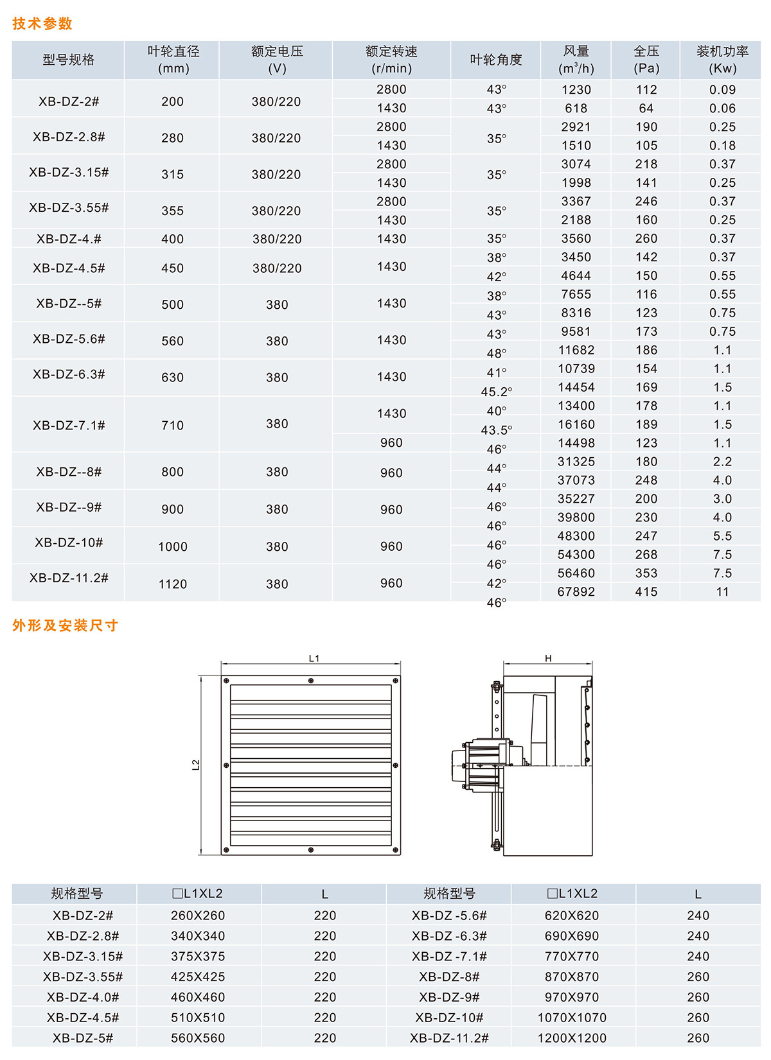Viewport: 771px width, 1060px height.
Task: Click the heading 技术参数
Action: pos(42,24)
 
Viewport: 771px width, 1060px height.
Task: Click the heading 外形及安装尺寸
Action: pos(65,625)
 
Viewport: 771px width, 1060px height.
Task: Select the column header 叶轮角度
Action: pos(495,60)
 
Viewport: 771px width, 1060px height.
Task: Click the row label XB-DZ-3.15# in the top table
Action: pos(69,172)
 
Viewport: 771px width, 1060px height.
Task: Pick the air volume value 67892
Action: pos(576,592)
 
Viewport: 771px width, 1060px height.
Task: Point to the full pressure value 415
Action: pos(646,592)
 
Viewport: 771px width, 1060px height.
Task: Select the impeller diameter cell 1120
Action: pos(172,584)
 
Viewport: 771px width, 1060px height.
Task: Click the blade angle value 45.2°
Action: pos(496,392)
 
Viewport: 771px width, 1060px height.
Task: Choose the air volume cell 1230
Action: pos(576,90)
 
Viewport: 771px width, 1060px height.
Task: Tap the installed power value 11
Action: pos(722,592)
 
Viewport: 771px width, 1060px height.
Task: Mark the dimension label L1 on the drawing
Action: pos(314,658)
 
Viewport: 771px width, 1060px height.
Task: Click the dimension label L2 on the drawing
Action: pos(196,765)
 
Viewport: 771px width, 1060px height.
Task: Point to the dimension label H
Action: pos(548,658)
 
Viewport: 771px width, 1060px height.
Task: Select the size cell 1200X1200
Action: pos(572,1038)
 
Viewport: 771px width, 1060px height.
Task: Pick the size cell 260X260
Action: pos(198,916)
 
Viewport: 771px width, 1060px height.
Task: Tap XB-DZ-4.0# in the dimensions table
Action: pos(83,997)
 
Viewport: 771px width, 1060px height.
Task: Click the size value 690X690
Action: pos(572,936)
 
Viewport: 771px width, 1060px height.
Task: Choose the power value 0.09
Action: pos(722,90)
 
